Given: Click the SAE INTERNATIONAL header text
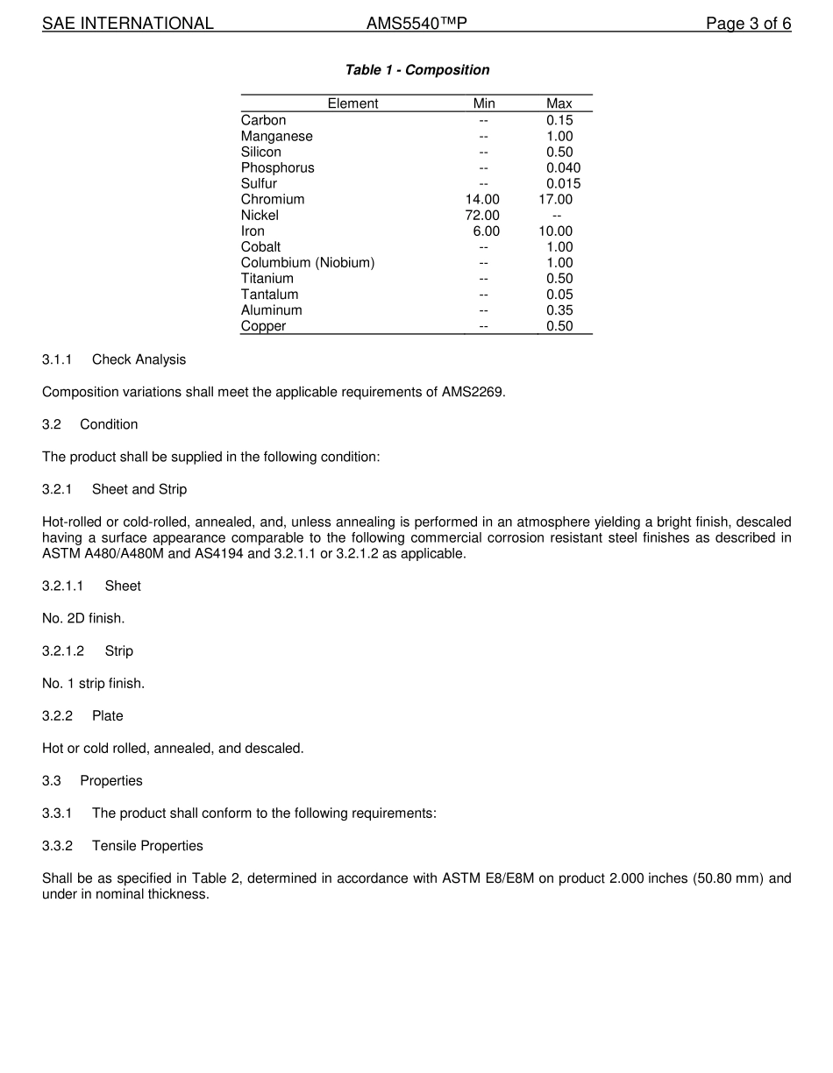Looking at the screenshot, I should click(128, 24).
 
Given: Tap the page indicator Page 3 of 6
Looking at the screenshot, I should click(748, 24).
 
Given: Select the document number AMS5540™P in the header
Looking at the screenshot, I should click(416, 24).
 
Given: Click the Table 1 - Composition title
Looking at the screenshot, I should click(417, 70).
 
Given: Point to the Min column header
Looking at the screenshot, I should click(484, 103).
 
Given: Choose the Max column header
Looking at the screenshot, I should click(559, 103).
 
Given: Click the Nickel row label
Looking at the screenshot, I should click(260, 216).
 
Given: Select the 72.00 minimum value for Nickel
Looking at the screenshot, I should click(482, 216).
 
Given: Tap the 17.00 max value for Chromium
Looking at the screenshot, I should click(556, 200).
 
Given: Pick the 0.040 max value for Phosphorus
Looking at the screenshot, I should click(563, 168).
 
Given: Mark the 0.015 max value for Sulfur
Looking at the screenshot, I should click(563, 184).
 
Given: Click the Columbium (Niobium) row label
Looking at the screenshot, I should click(308, 263).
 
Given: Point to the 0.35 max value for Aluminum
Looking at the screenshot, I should click(559, 310).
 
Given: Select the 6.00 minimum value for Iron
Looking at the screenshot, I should click(486, 231).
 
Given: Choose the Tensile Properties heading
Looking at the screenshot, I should click(147, 846).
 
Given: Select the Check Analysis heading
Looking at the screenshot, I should click(139, 359).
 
